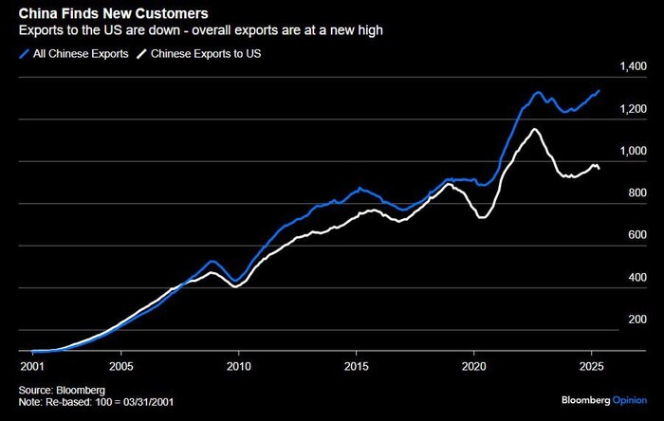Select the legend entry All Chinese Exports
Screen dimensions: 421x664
tap(76, 54)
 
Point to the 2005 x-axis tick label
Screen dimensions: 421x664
tap(120, 364)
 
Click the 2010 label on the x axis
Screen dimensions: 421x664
tap(238, 364)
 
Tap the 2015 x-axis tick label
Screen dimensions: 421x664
tap(356, 364)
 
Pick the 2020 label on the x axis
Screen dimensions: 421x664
tap(473, 364)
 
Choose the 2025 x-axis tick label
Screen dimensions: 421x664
tap(591, 364)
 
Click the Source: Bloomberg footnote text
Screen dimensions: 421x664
tap(60, 390)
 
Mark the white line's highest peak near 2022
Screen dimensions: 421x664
tap(536, 129)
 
